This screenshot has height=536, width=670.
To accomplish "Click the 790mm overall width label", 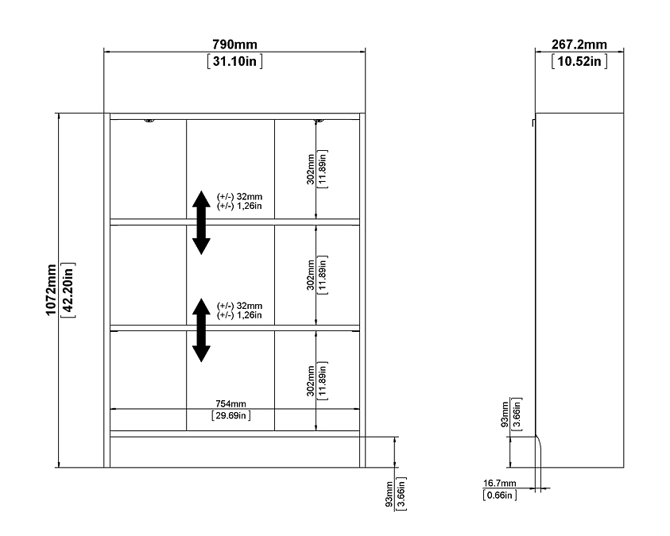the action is click(x=234, y=44).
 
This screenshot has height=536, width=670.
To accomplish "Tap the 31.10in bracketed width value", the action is click(x=235, y=61).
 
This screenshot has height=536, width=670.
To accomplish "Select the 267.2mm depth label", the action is click(x=579, y=44).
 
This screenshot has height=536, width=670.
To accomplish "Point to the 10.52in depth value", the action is click(x=579, y=61).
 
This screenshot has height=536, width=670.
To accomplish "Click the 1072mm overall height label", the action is click(x=51, y=290).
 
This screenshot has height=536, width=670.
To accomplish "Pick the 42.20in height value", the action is click(x=68, y=290).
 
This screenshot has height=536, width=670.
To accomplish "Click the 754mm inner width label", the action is click(x=230, y=403).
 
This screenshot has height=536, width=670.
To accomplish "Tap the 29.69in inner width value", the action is click(x=231, y=415).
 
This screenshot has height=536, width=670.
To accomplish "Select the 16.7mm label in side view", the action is click(x=499, y=483).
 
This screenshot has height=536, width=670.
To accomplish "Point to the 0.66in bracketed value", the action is click(x=499, y=495).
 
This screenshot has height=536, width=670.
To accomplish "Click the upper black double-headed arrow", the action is click(x=201, y=223).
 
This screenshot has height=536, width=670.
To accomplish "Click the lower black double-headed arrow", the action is click(x=201, y=330).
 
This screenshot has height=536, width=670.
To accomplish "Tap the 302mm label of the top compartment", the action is click(x=311, y=169).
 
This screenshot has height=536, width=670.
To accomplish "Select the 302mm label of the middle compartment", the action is click(x=311, y=275).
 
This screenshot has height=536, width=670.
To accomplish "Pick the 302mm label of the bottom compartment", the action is click(x=311, y=380).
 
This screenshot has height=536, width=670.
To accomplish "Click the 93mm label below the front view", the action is click(x=389, y=494).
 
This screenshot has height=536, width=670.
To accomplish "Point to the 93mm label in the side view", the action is click(x=505, y=414).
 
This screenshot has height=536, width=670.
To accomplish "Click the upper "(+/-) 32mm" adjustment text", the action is click(x=240, y=197).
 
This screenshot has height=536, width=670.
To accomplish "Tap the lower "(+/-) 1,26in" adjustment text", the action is click(x=239, y=315).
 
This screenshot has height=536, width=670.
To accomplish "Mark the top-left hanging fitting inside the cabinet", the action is click(x=149, y=121).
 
